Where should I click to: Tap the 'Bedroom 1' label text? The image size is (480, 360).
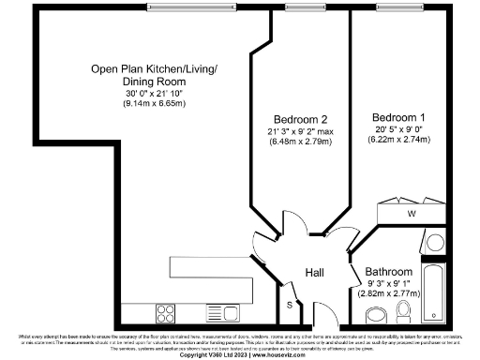point(399,118)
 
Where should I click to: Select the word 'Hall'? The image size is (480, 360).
point(315,272)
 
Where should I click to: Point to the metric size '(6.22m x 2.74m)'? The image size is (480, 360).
point(399,141)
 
